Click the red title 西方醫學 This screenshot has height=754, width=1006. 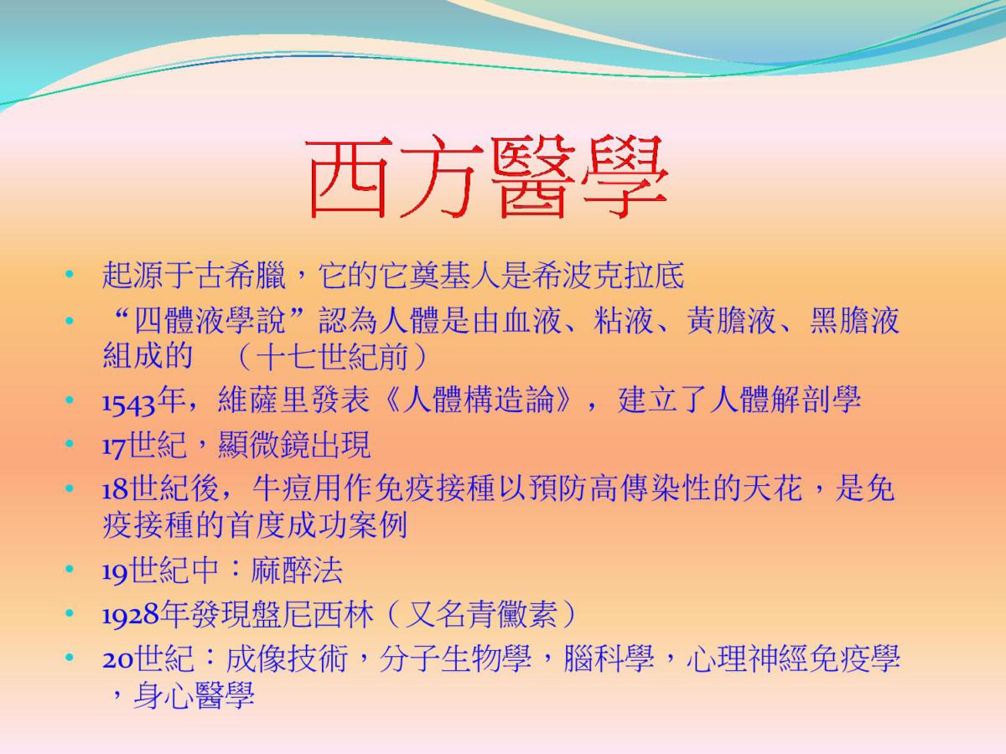[488, 177]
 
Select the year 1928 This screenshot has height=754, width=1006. [131, 615]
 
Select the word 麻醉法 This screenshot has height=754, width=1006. [297, 570]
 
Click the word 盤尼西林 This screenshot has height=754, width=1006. [313, 614]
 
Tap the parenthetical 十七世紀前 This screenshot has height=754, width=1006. [332, 356]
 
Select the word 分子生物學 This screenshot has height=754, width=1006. [455, 658]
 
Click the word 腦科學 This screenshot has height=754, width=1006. [609, 658]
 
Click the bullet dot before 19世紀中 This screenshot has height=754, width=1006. [70, 569]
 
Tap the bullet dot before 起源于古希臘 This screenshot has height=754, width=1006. [70, 275]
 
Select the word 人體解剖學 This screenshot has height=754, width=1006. [785, 400]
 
